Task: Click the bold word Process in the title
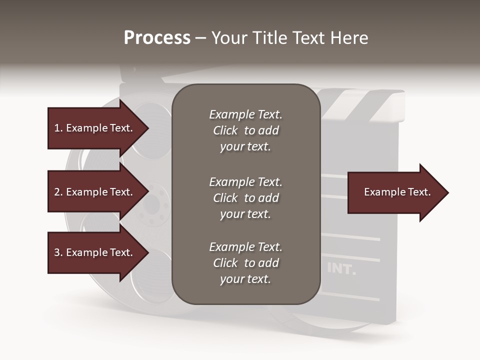coord(157,38)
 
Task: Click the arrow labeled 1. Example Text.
coord(93,128)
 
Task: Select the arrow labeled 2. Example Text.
coord(93,192)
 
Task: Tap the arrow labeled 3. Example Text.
coord(93,252)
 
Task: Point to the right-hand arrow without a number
coord(397,192)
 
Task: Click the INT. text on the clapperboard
coord(341,269)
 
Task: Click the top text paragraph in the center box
coord(245,130)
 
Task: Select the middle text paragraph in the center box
coord(245,197)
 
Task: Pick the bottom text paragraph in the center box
coord(245,263)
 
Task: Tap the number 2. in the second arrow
coord(58,192)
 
